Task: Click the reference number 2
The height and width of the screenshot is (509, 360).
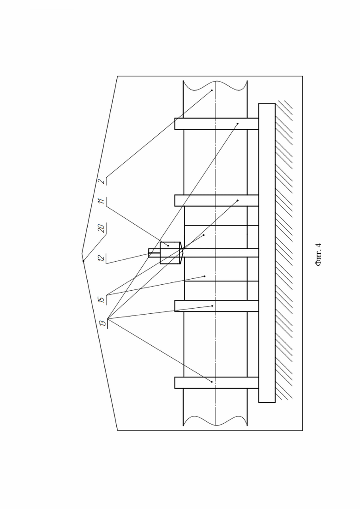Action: [x=102, y=181]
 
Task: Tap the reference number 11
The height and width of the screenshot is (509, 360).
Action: [x=102, y=201]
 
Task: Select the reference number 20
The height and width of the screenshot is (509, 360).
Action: [x=102, y=228]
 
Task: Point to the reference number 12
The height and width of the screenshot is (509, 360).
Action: [x=102, y=258]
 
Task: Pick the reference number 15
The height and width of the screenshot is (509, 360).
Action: [x=102, y=299]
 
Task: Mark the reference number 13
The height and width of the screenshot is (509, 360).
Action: [x=102, y=323]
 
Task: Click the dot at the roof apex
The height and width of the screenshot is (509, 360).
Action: [x=84, y=261]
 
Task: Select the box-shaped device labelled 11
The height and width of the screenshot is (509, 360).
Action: [x=171, y=253]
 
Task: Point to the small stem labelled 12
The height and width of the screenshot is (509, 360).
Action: [x=154, y=253]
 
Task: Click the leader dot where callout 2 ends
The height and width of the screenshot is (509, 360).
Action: [x=212, y=90]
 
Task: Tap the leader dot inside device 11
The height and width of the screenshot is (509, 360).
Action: [x=168, y=246]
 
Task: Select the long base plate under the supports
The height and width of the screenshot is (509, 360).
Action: [x=267, y=253]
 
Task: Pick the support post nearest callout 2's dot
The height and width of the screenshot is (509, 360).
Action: [x=216, y=124]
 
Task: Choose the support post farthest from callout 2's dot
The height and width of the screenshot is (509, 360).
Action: [x=216, y=383]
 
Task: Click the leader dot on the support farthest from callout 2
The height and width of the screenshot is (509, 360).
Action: [x=212, y=382]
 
